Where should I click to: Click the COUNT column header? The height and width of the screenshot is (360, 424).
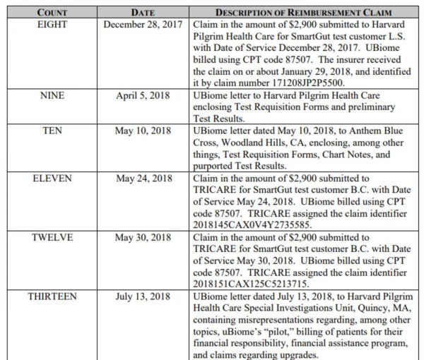(52, 13)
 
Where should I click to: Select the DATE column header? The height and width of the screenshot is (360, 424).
(143, 13)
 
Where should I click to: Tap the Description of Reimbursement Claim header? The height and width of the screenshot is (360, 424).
(304, 13)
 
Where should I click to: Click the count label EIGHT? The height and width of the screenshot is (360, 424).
(52, 23)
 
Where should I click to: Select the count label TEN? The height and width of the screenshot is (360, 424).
(52, 131)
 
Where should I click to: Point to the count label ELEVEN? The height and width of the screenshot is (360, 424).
(52, 179)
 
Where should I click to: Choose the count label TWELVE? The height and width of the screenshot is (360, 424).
(52, 238)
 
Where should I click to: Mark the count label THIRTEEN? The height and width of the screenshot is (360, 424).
(52, 297)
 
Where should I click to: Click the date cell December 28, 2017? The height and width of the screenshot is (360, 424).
(143, 23)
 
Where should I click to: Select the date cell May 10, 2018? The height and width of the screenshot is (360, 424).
(143, 131)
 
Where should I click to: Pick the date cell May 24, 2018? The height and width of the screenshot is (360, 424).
(143, 179)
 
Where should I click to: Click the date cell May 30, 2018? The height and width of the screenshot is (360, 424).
(143, 238)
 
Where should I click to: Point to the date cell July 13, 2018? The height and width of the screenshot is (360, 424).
(143, 297)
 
